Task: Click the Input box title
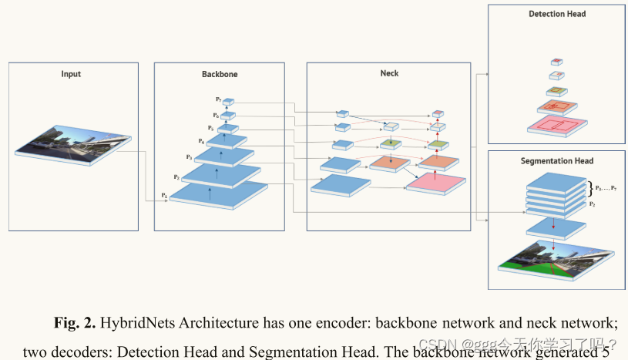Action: pos(71,74)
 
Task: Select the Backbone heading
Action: pos(220,74)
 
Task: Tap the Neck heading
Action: pos(389,73)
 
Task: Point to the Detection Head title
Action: pos(557,14)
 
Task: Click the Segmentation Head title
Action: pos(556,160)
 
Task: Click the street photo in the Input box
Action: pos(71,150)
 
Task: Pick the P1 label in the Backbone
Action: pos(164,196)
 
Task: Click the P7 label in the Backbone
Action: pos(219,99)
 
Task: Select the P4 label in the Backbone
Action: pos(202,141)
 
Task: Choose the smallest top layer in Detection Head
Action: pos(556,62)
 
